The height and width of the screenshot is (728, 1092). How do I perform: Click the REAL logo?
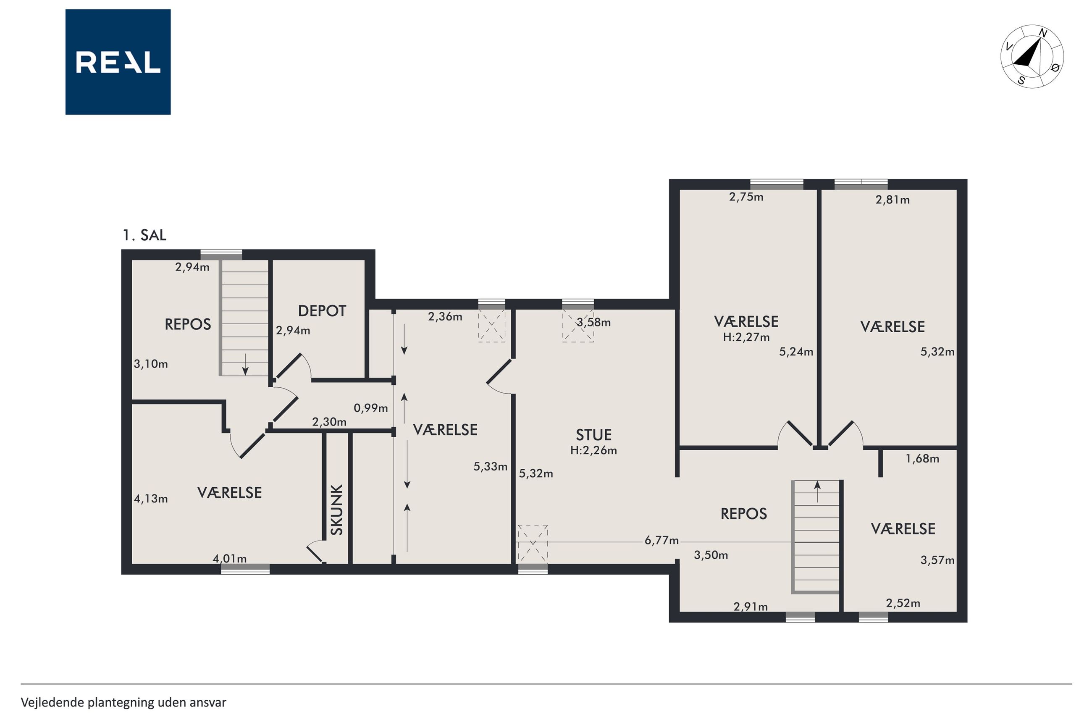point(118,62)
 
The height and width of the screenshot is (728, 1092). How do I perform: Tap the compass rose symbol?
point(1032,56)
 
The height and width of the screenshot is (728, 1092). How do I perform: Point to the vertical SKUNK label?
point(337,510)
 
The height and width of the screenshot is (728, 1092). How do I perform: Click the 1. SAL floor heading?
point(144,235)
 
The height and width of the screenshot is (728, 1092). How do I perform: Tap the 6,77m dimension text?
point(661,540)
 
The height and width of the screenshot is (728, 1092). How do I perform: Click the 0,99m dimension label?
point(371,408)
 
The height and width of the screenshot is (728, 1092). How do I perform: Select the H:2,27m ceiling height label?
point(746,337)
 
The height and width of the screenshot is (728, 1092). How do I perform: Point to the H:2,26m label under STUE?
point(593,450)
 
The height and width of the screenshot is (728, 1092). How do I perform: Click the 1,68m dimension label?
point(923,459)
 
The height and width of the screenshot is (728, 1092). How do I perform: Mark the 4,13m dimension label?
point(151,499)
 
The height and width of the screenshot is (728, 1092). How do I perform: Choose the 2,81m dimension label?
point(892,200)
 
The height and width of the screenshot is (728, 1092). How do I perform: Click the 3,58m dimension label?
point(593,322)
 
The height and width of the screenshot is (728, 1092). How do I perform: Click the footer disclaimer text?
point(123,702)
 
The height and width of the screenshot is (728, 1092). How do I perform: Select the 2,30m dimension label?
point(329,422)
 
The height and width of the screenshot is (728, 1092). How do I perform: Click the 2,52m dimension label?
point(903,603)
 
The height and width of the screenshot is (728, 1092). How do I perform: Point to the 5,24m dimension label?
point(796,352)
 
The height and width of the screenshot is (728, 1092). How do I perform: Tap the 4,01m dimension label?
point(230,559)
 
